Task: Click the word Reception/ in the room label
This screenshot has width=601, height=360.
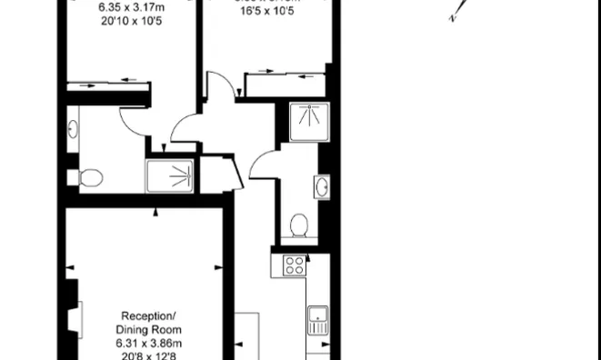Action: coord(148,315)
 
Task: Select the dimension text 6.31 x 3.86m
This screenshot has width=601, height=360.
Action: coord(148,342)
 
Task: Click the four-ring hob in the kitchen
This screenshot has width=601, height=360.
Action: coord(294,265)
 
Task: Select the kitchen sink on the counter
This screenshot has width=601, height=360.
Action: coord(317,320)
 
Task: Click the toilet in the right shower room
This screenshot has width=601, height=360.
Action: coord(297,224)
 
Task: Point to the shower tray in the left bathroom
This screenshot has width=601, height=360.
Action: coord(170,175)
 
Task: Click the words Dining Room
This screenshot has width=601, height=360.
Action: coord(148,328)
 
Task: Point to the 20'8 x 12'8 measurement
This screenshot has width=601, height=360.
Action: coord(148,355)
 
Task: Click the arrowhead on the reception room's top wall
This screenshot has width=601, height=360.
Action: coord(156,213)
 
